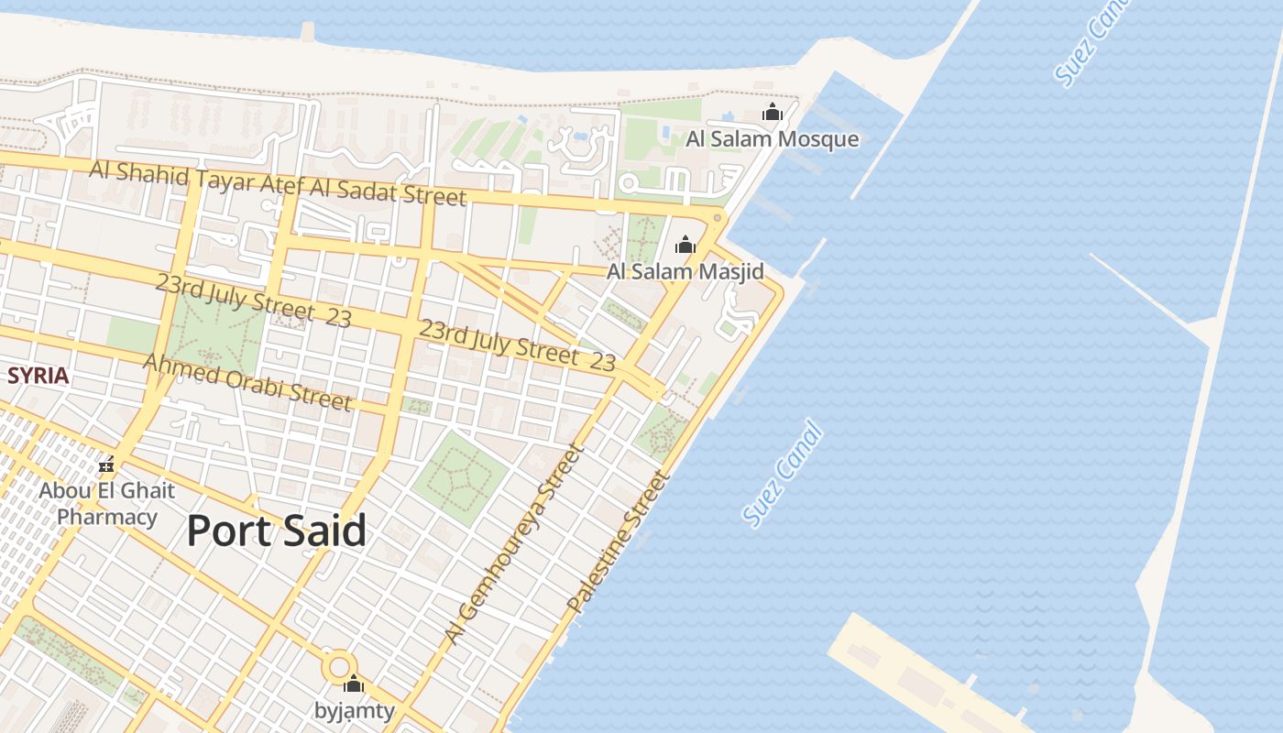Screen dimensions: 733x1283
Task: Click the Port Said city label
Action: click(277, 531)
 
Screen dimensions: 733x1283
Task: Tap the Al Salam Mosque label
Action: click(773, 139)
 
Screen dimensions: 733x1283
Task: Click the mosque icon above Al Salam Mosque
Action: click(773, 113)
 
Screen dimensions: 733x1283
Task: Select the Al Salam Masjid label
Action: click(685, 272)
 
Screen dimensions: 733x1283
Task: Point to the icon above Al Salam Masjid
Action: click(685, 245)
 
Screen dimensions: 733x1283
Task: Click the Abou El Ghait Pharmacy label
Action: click(106, 503)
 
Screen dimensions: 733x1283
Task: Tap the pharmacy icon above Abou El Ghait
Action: click(106, 465)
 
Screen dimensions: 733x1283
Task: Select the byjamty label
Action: click(355, 710)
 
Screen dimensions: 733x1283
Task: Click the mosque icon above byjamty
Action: click(354, 684)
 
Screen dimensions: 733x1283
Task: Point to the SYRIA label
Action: click(38, 376)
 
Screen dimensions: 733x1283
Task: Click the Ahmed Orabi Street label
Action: click(247, 382)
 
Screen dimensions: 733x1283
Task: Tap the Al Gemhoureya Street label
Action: click(513, 542)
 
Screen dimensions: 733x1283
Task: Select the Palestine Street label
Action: click(619, 542)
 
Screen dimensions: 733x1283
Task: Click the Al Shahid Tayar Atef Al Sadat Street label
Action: click(278, 182)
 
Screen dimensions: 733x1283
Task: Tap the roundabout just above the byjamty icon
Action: click(339, 664)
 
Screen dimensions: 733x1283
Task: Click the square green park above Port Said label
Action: click(460, 478)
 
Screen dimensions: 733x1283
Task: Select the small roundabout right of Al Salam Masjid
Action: click(718, 217)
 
